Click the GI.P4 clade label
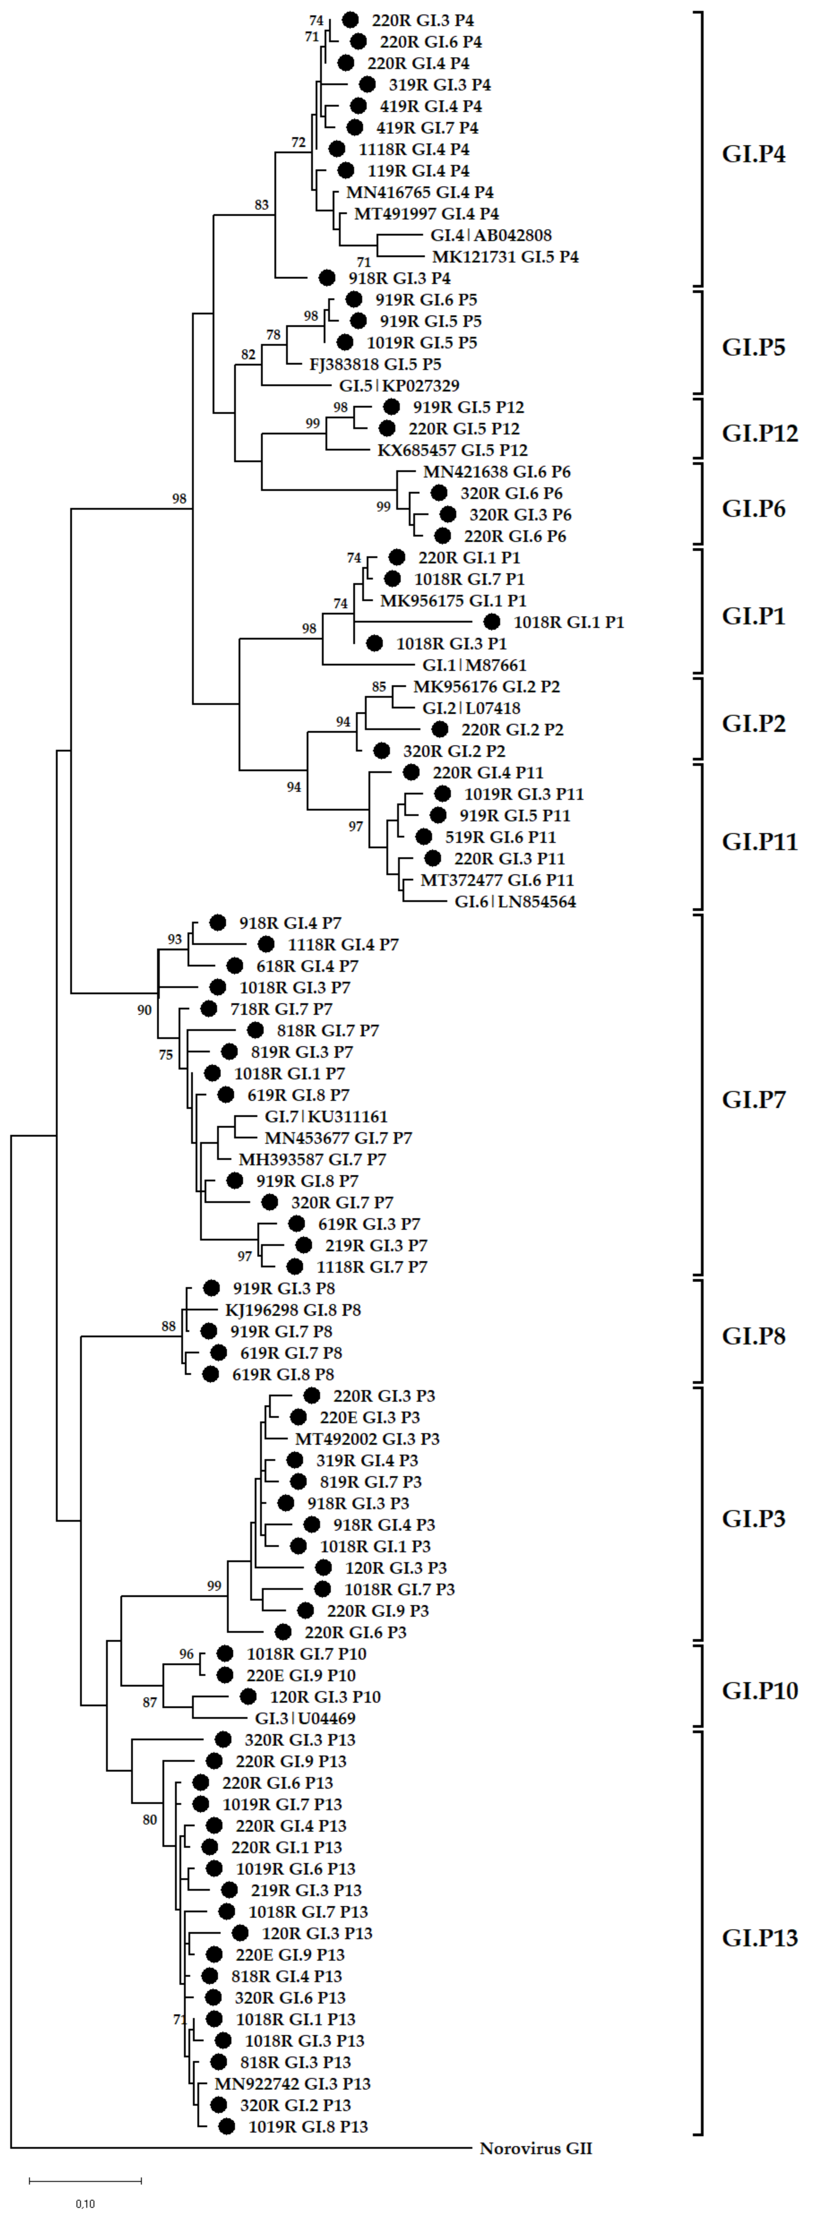[753, 155]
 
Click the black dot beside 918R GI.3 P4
[327, 278]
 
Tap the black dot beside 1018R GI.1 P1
[492, 622]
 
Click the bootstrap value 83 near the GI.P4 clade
[261, 204]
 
